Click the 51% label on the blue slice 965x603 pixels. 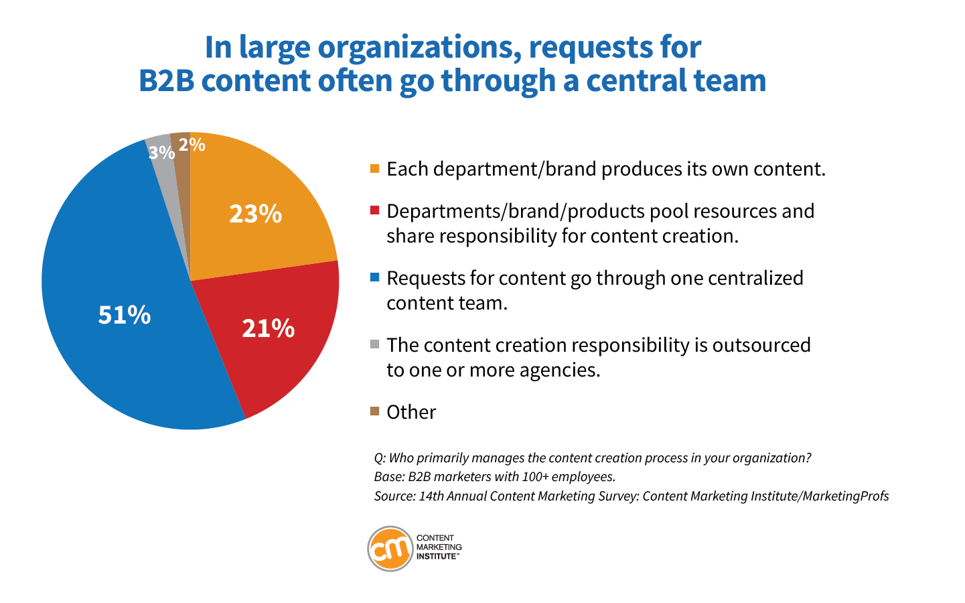[125, 315]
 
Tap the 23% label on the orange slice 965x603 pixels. [255, 214]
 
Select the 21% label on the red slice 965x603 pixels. [268, 328]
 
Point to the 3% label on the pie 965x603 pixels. [161, 153]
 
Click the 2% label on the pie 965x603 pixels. [192, 144]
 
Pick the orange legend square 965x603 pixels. [374, 168]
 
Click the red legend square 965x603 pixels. [374, 210]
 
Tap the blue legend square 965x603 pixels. [374, 277]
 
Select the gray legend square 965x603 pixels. [374, 344]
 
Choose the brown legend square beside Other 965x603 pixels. [374, 411]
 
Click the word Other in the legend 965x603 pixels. [411, 412]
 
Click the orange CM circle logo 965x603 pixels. [390, 549]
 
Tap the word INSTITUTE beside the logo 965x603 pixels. [437, 557]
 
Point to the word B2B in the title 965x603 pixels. [167, 80]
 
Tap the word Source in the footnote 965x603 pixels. [393, 496]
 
